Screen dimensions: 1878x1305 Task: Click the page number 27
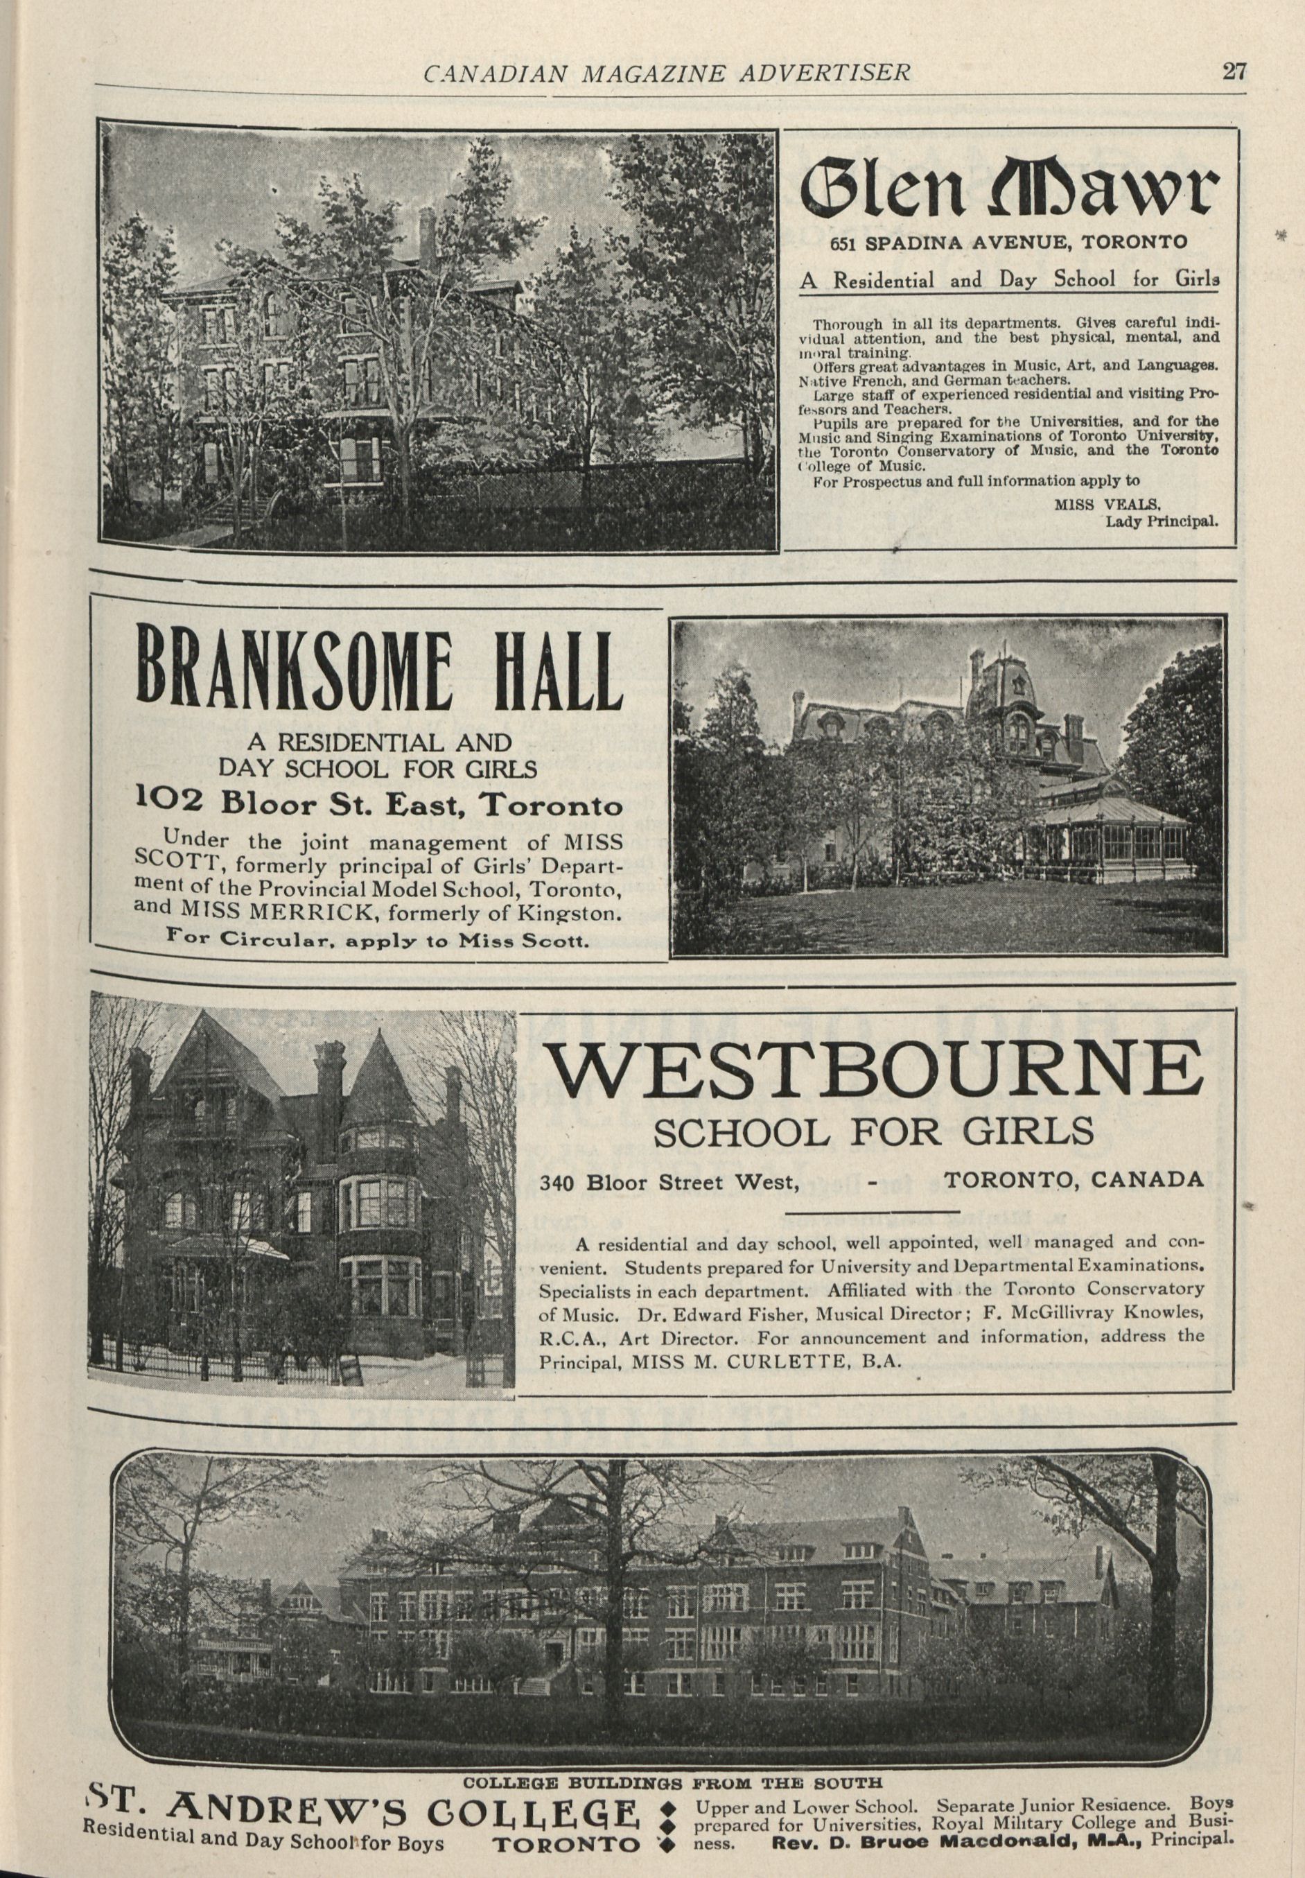(x=1234, y=72)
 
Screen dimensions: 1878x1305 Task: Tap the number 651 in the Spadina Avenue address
(x=845, y=243)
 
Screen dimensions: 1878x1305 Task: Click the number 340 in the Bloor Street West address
(x=557, y=1181)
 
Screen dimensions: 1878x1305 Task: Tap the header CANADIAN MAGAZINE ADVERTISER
(x=667, y=73)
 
